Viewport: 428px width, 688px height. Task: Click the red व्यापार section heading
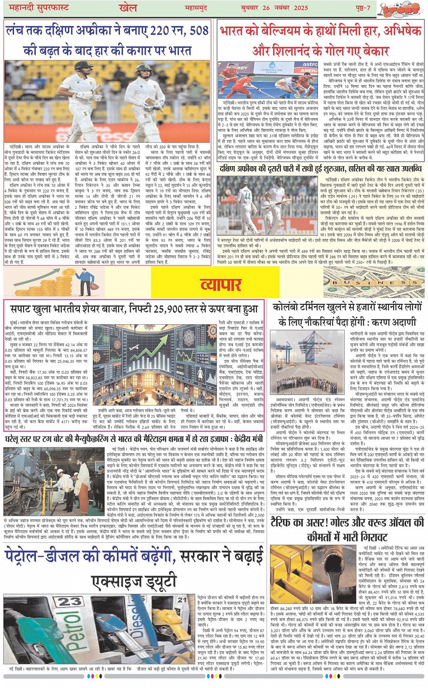coord(221,285)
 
